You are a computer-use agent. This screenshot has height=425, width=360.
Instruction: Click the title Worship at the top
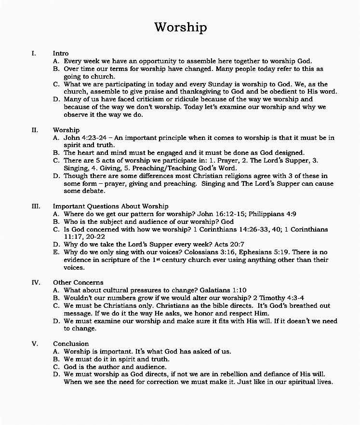tap(180, 27)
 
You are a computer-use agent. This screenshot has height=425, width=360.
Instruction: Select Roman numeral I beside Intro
tap(34, 53)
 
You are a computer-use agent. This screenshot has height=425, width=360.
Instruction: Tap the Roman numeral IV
tap(36, 282)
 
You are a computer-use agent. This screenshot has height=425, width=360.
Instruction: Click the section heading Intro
tap(61, 53)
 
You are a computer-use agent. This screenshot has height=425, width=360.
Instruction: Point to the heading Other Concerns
tap(78, 282)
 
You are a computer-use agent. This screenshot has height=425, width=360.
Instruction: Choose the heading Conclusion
tap(71, 343)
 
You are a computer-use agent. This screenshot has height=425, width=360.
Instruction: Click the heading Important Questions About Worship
tap(110, 206)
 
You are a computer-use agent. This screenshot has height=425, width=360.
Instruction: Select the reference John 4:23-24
tap(85, 137)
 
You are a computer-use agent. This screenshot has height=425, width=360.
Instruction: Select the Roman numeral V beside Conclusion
tap(35, 343)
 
